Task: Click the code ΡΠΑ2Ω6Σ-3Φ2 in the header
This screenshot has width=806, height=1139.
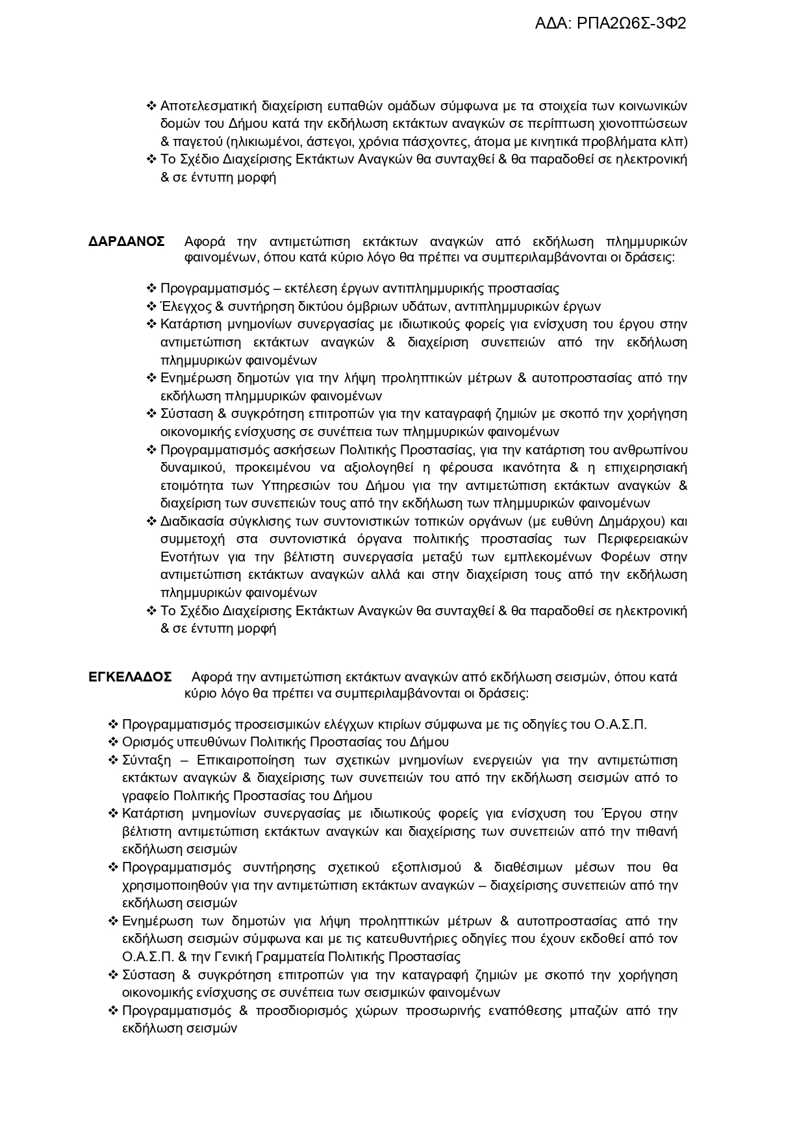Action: click(631, 24)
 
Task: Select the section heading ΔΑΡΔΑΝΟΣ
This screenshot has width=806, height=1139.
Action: click(127, 242)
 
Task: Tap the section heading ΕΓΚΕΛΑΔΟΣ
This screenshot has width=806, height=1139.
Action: click(130, 677)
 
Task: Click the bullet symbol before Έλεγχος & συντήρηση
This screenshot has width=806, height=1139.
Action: click(152, 306)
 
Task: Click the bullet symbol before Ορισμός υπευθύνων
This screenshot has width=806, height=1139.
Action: click(113, 742)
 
